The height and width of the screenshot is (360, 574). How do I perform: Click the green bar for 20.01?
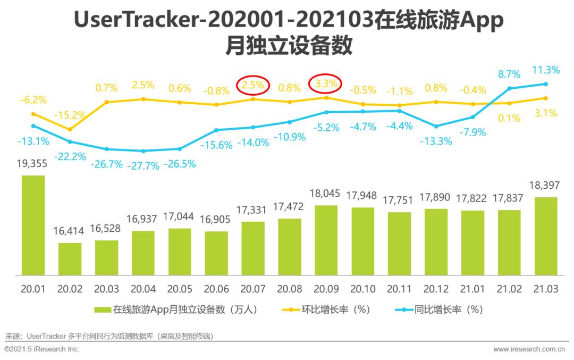coord(33,225)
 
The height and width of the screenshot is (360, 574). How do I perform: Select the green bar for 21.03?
coord(546,236)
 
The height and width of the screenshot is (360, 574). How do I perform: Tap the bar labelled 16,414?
coord(70,258)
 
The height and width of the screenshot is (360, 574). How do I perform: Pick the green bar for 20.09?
coord(326,240)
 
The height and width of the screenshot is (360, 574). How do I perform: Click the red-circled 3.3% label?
coord(326,84)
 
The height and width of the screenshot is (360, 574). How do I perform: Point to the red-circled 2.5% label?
coord(253,85)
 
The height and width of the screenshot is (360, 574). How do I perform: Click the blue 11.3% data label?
coord(546,70)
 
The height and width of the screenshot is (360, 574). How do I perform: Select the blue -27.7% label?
coord(143,166)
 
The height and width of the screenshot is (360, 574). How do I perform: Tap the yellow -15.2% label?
coord(70,115)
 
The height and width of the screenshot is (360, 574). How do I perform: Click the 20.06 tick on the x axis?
coord(216,289)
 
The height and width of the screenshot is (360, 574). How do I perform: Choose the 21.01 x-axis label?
coord(472,289)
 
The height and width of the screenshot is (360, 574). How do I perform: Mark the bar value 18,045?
coord(325,194)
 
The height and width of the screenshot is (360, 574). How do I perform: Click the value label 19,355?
coord(32,163)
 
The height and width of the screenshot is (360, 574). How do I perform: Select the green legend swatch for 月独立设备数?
coord(103,310)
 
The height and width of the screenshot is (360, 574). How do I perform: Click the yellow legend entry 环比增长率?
coord(326,310)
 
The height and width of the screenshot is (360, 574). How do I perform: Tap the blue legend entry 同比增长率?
coord(439,310)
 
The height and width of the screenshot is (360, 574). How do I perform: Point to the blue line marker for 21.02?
coord(509,88)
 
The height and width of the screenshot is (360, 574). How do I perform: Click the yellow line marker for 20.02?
coord(70,129)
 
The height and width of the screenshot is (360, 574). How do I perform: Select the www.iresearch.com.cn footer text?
coord(529,349)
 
